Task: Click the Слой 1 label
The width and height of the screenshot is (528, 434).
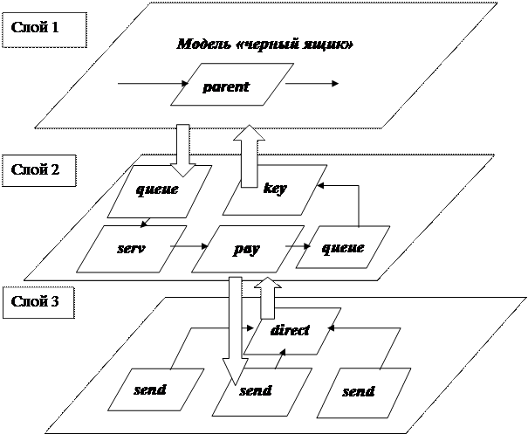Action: pos(34,28)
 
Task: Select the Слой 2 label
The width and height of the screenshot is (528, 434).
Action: pos(34,169)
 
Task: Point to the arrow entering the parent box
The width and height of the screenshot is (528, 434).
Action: pos(153,84)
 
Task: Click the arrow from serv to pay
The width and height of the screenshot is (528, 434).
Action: pos(186,247)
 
